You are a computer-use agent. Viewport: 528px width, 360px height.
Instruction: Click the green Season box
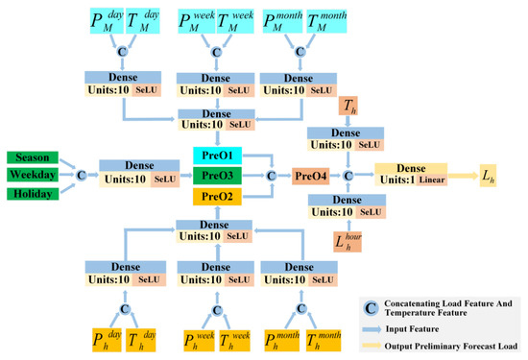32,157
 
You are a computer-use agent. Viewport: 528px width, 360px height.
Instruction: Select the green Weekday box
32,175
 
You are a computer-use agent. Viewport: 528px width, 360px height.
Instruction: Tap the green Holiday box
32,193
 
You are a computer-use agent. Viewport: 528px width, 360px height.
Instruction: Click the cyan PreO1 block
220,156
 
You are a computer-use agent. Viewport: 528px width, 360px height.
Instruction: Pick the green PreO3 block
220,175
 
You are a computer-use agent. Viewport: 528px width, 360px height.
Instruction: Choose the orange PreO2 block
220,195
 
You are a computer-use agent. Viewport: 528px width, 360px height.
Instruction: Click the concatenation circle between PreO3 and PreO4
272,175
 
